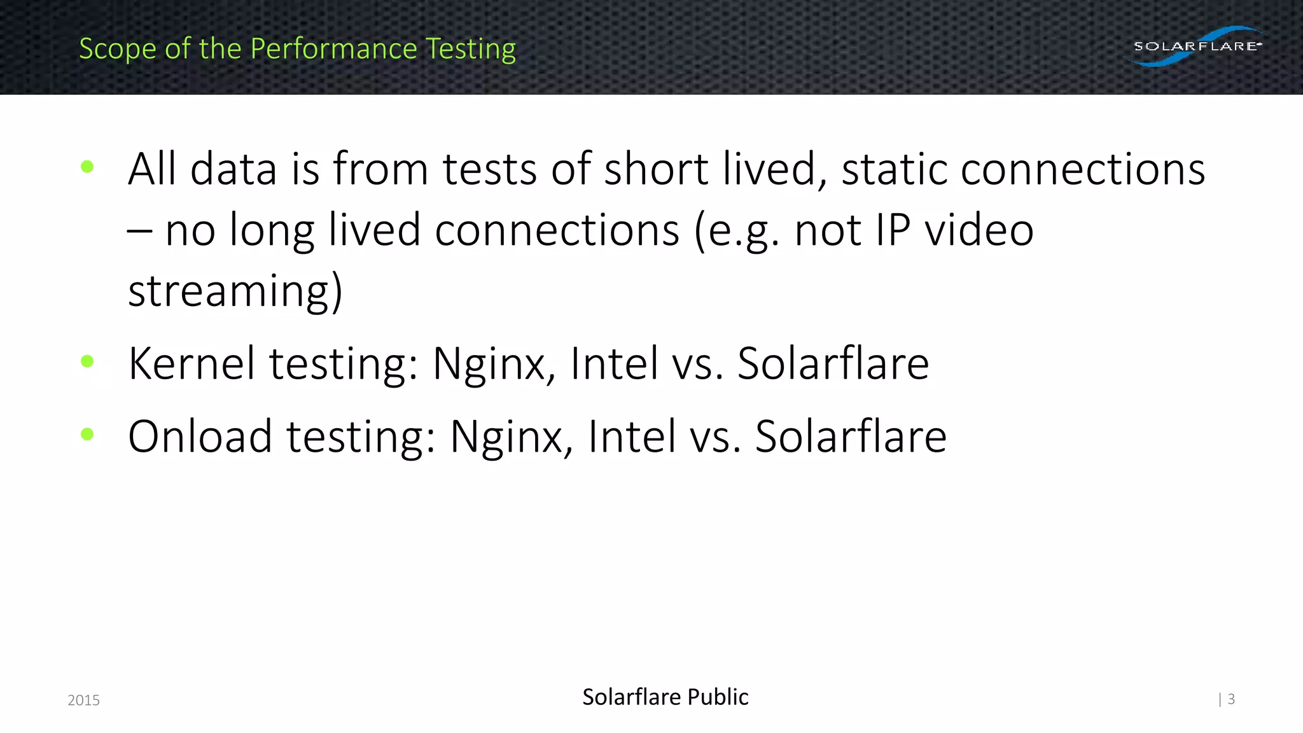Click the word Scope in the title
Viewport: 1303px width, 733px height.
118,49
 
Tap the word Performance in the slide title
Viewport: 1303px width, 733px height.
333,49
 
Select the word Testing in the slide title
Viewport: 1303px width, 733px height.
470,49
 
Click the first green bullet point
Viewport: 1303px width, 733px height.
88,167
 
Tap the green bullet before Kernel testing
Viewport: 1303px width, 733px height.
88,361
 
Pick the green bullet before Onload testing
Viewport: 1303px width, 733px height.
88,435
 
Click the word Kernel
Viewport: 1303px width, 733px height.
192,364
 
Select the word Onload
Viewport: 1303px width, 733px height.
200,436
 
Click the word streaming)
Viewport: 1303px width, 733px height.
235,291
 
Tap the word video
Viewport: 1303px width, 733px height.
979,230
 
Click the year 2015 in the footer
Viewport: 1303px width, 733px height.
83,700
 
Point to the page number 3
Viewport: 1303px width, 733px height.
1231,699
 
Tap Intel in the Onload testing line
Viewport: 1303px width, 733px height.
631,436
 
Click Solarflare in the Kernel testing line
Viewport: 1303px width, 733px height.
833,364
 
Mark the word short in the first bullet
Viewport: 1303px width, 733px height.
656,170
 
